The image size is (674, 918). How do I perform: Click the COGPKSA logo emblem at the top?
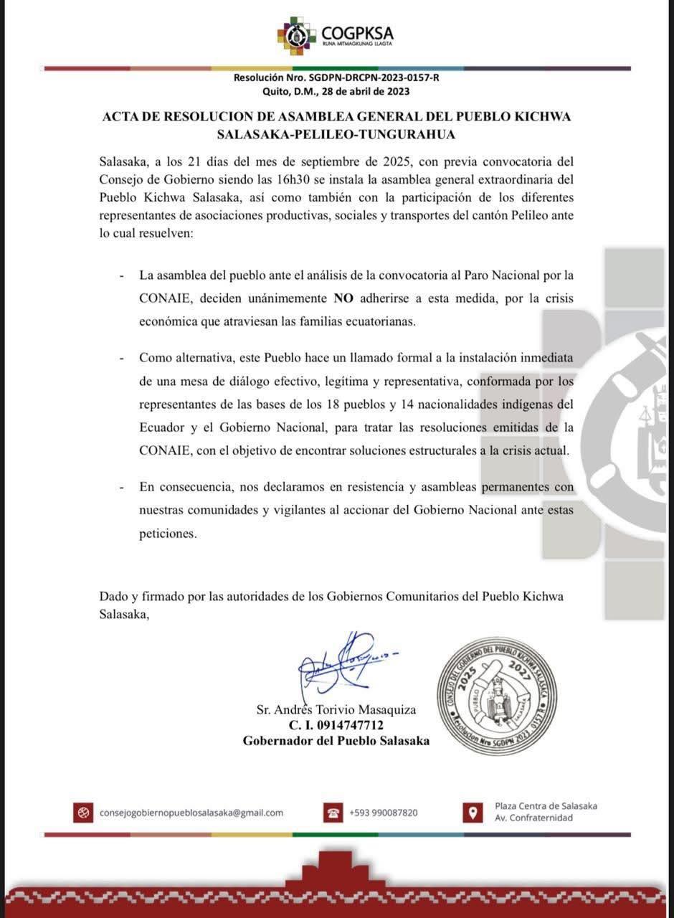pos(296,35)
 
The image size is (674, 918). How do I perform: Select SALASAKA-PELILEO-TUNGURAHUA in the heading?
pos(336,133)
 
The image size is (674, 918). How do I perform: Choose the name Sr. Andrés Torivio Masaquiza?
pos(336,710)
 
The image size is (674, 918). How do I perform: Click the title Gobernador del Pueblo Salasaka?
pos(336,741)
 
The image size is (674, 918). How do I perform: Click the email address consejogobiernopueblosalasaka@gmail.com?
pos(191,813)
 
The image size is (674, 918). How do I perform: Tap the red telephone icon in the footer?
pos(333,813)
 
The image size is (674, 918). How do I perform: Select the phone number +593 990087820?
pos(384,813)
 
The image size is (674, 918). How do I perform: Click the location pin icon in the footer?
pos(472,813)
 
